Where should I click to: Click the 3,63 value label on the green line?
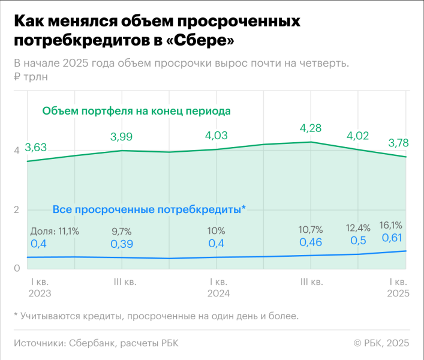click(x=36, y=148)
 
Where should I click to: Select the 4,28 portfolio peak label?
click(x=311, y=128)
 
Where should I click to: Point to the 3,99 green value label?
click(x=122, y=137)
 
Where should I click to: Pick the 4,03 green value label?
click(x=216, y=136)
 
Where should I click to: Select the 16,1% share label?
click(x=391, y=225)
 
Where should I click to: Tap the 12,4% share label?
click(x=359, y=229)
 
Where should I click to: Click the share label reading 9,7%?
click(x=122, y=231)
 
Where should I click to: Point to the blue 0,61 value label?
click(x=393, y=238)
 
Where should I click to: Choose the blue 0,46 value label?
click(x=311, y=243)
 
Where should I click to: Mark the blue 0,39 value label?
click(x=122, y=244)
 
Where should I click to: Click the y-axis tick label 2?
click(x=17, y=209)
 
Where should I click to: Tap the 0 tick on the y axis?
click(x=17, y=268)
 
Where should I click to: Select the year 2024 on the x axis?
click(x=218, y=293)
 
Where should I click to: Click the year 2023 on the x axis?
click(x=40, y=293)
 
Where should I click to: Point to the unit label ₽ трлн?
click(x=31, y=76)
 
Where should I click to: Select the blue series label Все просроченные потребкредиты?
click(x=148, y=209)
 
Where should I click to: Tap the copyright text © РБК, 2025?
click(x=381, y=343)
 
